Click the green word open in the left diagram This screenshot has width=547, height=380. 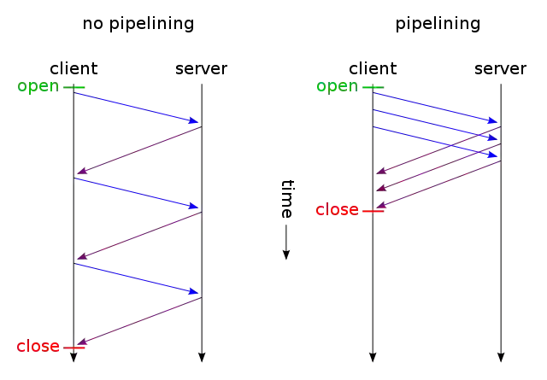38,88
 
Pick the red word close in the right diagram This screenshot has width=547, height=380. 338,210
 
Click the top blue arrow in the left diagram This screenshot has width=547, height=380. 137,108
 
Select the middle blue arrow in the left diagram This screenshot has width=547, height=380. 137,192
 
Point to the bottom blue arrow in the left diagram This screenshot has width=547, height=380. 137,278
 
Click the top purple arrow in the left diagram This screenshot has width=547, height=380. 137,150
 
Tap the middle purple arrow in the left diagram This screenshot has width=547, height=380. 137,235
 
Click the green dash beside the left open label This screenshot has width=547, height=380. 74,87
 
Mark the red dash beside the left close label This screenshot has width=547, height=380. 74,347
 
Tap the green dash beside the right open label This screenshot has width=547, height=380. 375,87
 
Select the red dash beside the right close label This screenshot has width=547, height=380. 373,210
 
